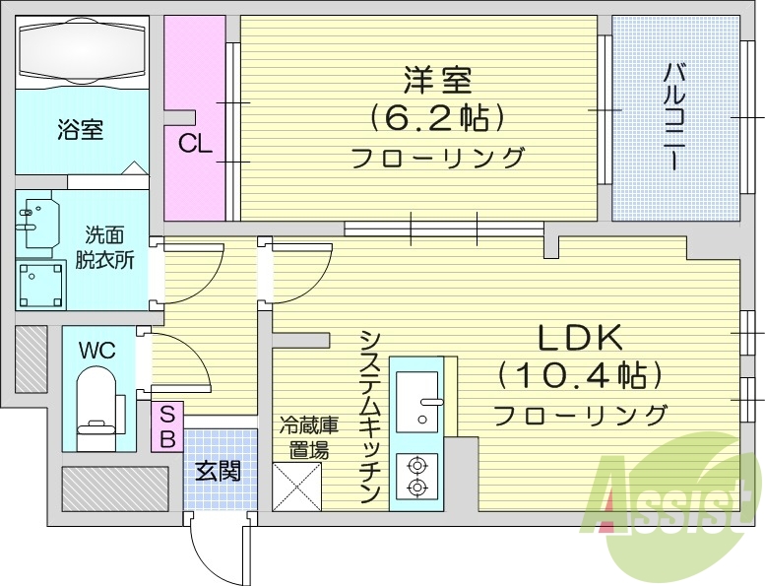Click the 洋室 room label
pyautogui.click(x=436, y=79)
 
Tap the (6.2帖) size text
pyautogui.click(x=437, y=118)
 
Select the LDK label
pyautogui.click(x=580, y=338)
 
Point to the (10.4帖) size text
pyautogui.click(x=579, y=375)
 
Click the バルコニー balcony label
pyautogui.click(x=674, y=116)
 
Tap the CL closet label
pyautogui.click(x=195, y=144)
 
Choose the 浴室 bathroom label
pyautogui.click(x=80, y=129)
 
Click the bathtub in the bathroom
pyautogui.click(x=83, y=50)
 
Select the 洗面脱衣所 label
pyautogui.click(x=103, y=247)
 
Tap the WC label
pyautogui.click(x=96, y=350)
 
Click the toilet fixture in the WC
pyautogui.click(x=97, y=405)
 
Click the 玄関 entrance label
pyautogui.click(x=217, y=471)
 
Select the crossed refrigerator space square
pyautogui.click(x=297, y=486)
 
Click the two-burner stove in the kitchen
pyautogui.click(x=416, y=475)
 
